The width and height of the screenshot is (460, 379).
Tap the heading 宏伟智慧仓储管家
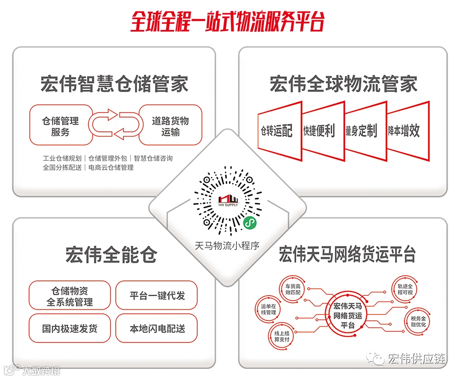114,85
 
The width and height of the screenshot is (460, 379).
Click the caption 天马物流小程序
227,245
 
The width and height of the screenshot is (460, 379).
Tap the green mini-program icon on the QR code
250,222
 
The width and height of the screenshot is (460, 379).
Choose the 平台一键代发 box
157,295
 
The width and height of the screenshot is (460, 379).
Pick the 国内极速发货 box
69,328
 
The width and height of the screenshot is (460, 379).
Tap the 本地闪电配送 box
157,328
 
